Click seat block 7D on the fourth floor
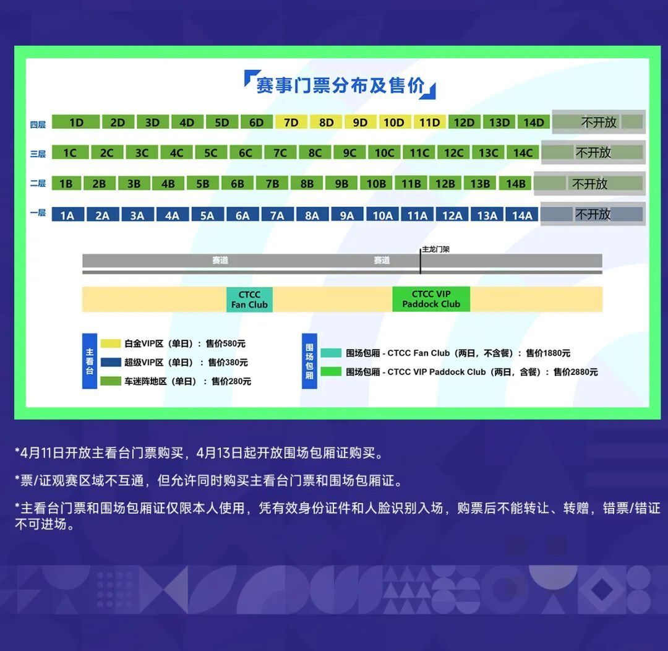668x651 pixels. pyautogui.click(x=291, y=123)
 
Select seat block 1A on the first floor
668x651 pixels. pyautogui.click(x=67, y=215)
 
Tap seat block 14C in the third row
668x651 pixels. pyautogui.click(x=523, y=153)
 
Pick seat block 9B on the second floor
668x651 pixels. pyautogui.click(x=341, y=183)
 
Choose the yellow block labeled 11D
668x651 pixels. pyautogui.click(x=430, y=123)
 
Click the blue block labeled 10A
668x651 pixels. pyautogui.click(x=383, y=215)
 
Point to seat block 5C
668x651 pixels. pyautogui.click(x=210, y=153)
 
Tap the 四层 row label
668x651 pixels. pyautogui.click(x=38, y=124)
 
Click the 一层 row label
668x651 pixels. pyautogui.click(x=38, y=213)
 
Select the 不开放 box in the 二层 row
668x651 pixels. pyautogui.click(x=589, y=183)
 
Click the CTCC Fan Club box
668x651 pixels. pyautogui.click(x=249, y=300)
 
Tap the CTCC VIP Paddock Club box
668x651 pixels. pyautogui.click(x=431, y=299)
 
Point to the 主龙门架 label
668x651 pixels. pyautogui.click(x=436, y=249)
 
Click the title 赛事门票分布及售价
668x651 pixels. pyautogui.click(x=340, y=85)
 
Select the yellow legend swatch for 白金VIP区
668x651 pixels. pyautogui.click(x=111, y=343)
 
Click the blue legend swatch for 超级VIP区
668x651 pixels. pyautogui.click(x=111, y=362)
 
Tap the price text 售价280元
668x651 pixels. pyautogui.click(x=231, y=381)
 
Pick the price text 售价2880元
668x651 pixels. pyautogui.click(x=576, y=372)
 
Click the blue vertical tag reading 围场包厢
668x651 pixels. pyautogui.click(x=309, y=361)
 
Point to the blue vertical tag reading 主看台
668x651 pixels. pyautogui.click(x=90, y=361)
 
